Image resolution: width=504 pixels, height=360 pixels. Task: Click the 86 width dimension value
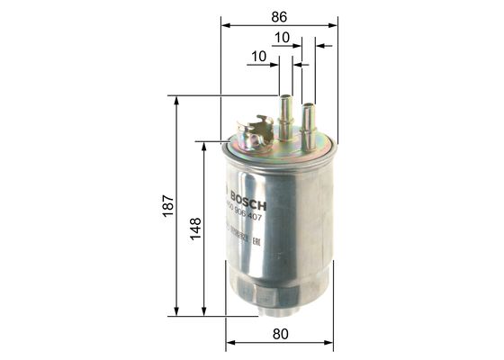279,14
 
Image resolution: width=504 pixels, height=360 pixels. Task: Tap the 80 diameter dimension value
281,335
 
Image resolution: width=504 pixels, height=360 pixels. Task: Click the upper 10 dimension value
282,39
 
